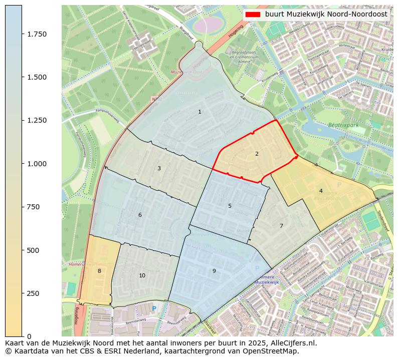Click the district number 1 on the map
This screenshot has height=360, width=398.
pyautogui.click(x=200, y=112)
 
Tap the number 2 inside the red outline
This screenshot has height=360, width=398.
pyautogui.click(x=257, y=154)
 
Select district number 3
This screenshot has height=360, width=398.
pyautogui.click(x=159, y=168)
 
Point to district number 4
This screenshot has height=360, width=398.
pyautogui.click(x=321, y=191)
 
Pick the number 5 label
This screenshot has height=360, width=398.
pyautogui.click(x=230, y=206)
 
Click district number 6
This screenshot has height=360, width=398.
pyautogui.click(x=140, y=215)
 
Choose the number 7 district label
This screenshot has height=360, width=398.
pyautogui.click(x=281, y=226)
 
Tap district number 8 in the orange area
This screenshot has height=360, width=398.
pyautogui.click(x=99, y=271)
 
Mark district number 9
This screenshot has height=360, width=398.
pyautogui.click(x=214, y=271)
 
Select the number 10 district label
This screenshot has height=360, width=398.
pyautogui.click(x=142, y=275)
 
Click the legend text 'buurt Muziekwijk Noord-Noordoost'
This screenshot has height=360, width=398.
pyautogui.click(x=326, y=15)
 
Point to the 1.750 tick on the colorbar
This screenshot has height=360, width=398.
pyautogui.click(x=37, y=34)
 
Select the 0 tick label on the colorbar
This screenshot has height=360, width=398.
pyautogui.click(x=29, y=336)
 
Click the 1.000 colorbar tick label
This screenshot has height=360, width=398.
pyautogui.click(x=37, y=164)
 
